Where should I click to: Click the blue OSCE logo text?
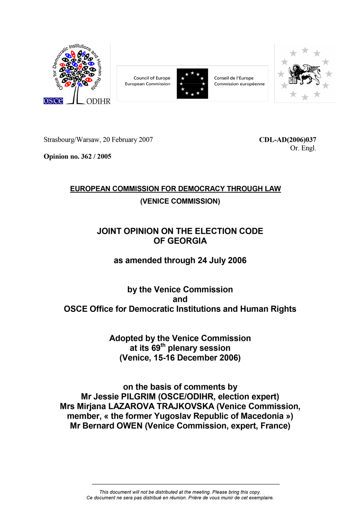53,101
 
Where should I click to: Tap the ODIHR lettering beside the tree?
98,101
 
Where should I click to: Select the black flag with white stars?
192,83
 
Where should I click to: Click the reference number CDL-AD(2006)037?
287,140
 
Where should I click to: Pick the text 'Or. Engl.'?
303,148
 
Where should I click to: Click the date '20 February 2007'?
128,140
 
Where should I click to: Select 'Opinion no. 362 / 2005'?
77,156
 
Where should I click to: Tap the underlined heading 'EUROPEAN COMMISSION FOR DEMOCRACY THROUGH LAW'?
175,189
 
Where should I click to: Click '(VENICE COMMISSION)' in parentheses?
180,201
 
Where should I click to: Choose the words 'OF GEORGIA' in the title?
180,241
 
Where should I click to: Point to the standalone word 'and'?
180,299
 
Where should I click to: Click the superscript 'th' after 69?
163,345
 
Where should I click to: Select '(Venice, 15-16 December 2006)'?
180,358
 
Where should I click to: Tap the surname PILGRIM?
138,397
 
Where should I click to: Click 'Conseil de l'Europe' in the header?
234,78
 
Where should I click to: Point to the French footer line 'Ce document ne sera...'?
180,498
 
